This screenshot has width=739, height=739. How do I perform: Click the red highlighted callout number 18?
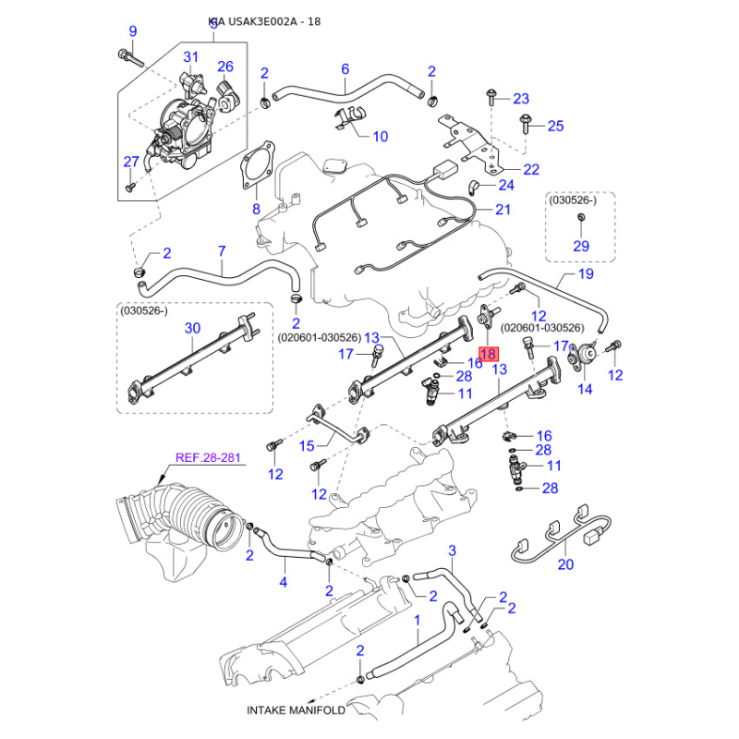(489, 352)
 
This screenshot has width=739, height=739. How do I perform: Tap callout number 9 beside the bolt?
(132, 31)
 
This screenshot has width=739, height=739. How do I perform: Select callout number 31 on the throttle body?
(190, 57)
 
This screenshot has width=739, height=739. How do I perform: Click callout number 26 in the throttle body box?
(225, 66)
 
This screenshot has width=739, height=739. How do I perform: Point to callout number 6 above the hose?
(345, 68)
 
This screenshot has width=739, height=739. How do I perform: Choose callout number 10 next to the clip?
(381, 137)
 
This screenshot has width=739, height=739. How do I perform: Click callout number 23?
(521, 99)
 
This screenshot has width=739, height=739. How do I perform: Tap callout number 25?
(554, 126)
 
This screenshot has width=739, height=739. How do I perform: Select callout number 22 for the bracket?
(530, 169)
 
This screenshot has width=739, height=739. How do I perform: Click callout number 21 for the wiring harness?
(502, 210)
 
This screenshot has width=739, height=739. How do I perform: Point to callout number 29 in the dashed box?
(581, 245)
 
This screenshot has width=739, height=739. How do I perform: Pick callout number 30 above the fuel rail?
(192, 328)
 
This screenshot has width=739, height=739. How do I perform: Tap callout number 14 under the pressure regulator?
(585, 389)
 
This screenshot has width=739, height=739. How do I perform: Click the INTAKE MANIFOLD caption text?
(296, 710)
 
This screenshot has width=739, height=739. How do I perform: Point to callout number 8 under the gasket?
(257, 210)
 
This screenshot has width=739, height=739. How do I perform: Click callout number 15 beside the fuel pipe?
(308, 446)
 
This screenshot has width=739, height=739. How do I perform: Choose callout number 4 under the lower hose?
(284, 582)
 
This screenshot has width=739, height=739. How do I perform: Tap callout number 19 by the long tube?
(585, 274)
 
